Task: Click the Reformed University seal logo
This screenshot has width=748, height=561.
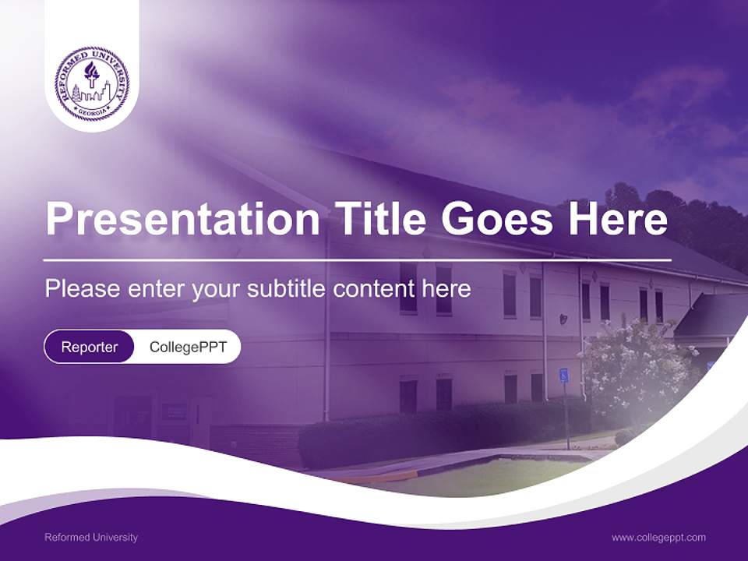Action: point(92,83)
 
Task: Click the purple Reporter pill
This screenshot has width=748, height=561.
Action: point(89,347)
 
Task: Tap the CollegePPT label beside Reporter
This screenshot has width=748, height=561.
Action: point(188,347)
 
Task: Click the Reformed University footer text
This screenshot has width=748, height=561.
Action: point(91,538)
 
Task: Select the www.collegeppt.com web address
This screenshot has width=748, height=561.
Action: point(658,538)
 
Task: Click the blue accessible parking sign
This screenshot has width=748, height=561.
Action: point(563,376)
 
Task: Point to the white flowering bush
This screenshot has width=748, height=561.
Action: point(635,366)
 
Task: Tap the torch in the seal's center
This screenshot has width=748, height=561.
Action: point(92,75)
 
